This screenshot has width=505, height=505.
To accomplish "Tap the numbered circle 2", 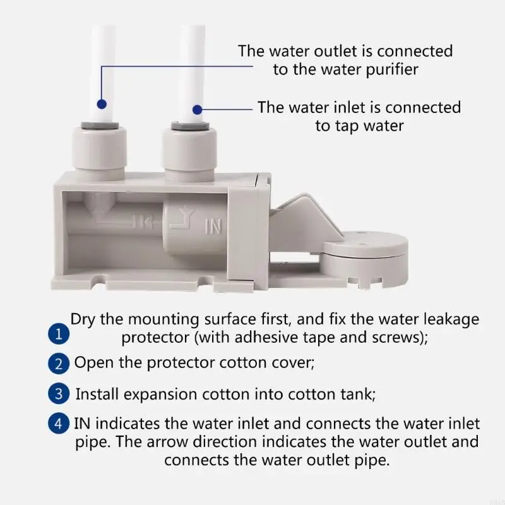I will tap(59, 364).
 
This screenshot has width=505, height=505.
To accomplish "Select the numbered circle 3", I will tap(59, 394).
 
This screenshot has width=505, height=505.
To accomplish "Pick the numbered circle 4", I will tap(59, 424).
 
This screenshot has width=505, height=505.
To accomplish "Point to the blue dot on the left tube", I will tap(101, 102).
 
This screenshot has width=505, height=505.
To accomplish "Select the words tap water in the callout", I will tap(359, 126).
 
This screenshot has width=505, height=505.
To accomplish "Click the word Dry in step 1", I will tap(83, 319).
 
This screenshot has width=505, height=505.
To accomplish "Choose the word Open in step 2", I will tap(92, 363).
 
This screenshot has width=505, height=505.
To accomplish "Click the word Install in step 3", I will tap(96, 395).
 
